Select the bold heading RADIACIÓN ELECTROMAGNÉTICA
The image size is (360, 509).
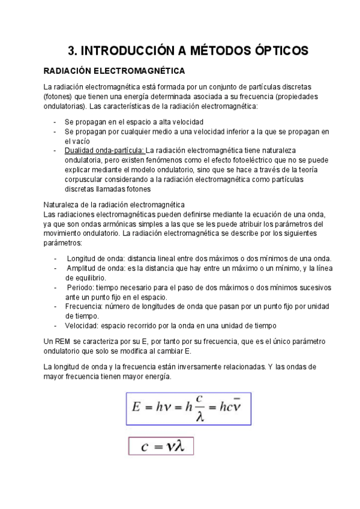[x=110, y=71]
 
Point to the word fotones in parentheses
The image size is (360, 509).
[x=60, y=97]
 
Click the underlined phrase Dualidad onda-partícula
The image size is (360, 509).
[x=104, y=150]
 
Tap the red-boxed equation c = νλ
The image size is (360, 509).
[x=161, y=446]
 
